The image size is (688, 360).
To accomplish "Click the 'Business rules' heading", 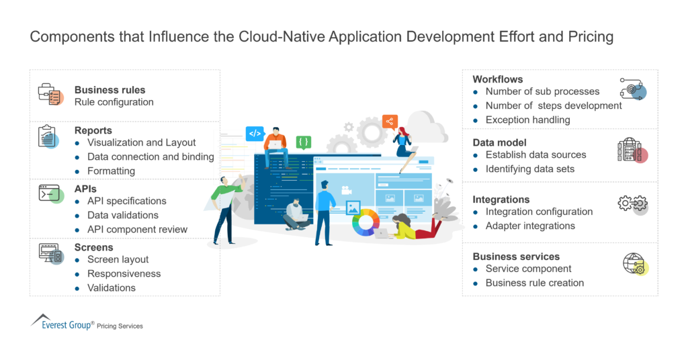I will [110, 90].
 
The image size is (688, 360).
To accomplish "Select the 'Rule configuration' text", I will [114, 102].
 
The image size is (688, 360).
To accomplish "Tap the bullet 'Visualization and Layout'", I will [141, 142].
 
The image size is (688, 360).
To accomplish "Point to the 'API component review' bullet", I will [137, 229].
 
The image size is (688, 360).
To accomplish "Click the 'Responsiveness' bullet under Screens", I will [124, 273].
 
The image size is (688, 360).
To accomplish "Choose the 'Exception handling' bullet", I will [527, 120].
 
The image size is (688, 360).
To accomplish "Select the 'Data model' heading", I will [499, 142].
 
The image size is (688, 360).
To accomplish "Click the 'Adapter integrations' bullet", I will [530, 226].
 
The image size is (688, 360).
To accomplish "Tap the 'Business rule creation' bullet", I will [534, 283].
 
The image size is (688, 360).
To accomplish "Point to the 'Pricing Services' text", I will [120, 326].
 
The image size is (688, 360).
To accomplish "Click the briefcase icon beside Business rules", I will [50, 94].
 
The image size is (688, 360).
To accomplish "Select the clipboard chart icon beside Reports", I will [48, 137].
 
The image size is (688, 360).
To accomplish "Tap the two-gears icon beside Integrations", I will [632, 204].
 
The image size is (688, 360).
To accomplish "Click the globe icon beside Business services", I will [634, 264].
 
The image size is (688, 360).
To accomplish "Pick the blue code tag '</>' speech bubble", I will [255, 133].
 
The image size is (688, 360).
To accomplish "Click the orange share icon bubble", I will [390, 122].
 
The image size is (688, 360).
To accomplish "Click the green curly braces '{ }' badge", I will [304, 142].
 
